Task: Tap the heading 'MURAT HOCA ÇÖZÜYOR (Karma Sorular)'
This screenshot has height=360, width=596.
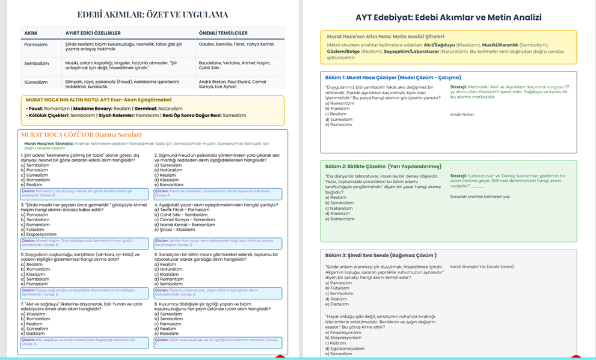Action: point(81,135)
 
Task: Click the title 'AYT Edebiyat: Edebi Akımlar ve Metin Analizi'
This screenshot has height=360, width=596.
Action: point(448,17)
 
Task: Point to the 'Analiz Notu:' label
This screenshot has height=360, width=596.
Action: point(462,114)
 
